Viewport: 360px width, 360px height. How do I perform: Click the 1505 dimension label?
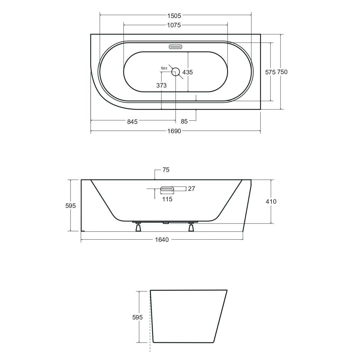(x=174, y=16)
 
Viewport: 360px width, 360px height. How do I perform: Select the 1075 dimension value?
(x=174, y=25)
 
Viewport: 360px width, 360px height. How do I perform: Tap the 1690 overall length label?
(x=174, y=131)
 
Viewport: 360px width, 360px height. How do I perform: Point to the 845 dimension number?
(x=132, y=121)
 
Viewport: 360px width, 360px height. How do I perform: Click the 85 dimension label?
(x=184, y=121)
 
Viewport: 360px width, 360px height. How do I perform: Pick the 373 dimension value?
(x=161, y=85)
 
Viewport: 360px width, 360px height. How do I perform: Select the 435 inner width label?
(x=187, y=72)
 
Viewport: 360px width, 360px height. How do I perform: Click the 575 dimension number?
(x=270, y=72)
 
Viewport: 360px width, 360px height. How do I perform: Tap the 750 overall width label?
(x=282, y=72)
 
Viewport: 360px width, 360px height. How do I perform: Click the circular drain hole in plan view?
(x=175, y=72)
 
